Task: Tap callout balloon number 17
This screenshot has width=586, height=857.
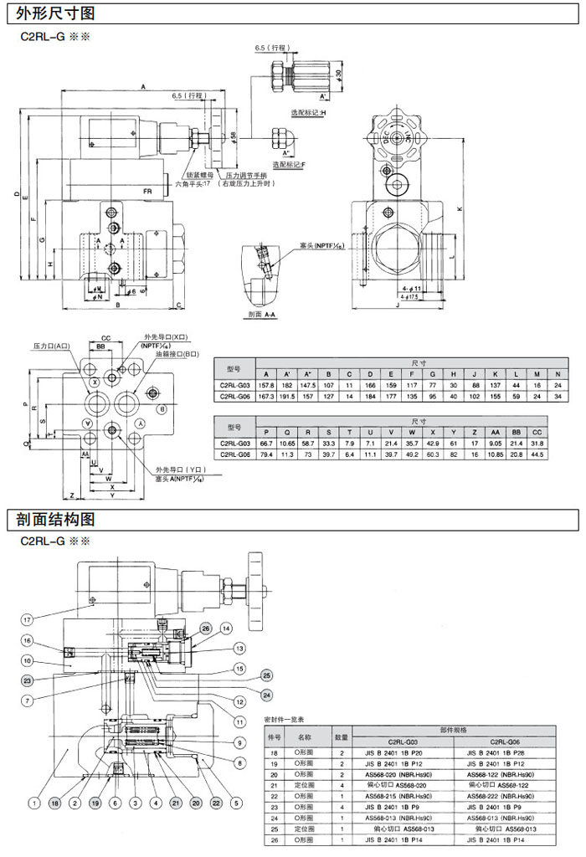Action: click(x=28, y=620)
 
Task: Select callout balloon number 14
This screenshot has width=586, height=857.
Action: click(x=225, y=628)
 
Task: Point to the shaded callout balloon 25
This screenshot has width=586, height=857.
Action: click(x=266, y=675)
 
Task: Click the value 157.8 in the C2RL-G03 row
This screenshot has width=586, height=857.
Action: click(x=266, y=385)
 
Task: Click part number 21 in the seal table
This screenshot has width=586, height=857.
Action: click(x=272, y=784)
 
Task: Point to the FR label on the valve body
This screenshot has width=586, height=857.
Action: click(x=147, y=192)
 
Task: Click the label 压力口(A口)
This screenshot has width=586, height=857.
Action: click(x=51, y=345)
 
